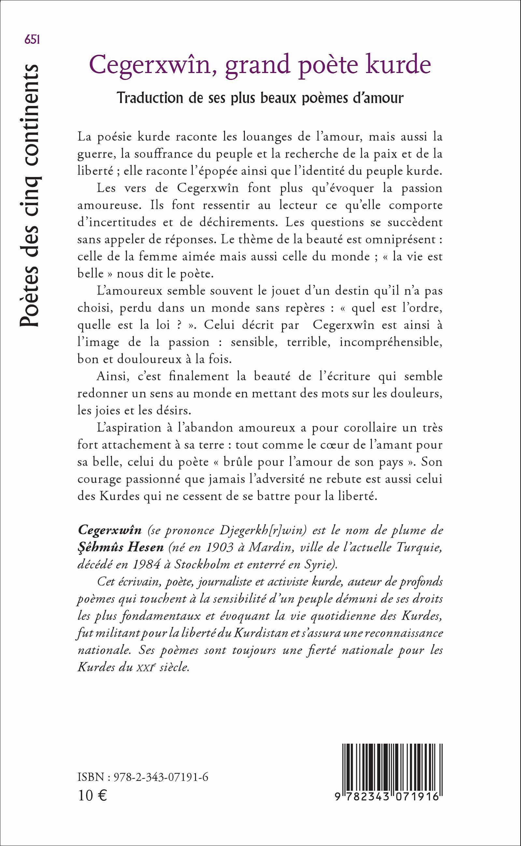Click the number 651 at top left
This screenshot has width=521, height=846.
point(32,40)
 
